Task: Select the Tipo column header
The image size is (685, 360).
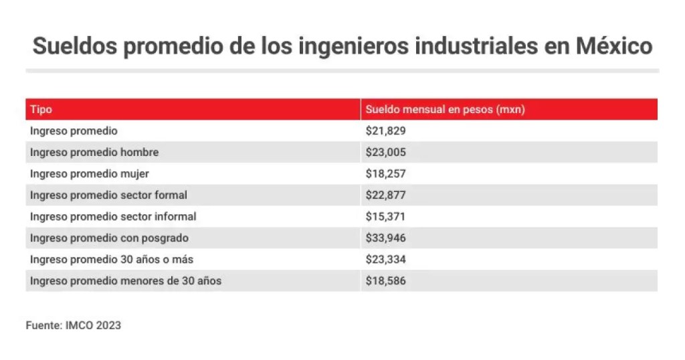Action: point(41,110)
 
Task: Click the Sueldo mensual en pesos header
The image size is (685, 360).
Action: point(445,110)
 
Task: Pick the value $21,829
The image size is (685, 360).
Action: point(385,131)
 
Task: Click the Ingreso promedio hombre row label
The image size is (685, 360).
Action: point(94,153)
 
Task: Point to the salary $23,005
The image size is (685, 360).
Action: point(385,153)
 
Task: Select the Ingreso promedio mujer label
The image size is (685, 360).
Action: point(89,174)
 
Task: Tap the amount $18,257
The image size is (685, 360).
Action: point(385,174)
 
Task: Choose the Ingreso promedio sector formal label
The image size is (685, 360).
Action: point(108,195)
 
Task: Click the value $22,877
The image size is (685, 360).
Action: point(385,195)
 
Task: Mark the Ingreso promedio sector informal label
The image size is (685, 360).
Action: point(113,217)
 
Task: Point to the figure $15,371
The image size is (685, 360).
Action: point(385,217)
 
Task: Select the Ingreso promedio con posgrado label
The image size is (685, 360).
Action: point(109,238)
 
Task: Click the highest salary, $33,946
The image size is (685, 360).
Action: point(385,238)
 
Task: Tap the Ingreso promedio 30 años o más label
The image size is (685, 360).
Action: point(112,260)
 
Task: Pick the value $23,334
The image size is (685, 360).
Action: point(385,260)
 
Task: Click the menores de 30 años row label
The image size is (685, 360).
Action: point(126,281)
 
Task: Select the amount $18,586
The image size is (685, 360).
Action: point(385,281)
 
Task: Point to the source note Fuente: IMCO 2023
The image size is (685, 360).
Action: point(74,326)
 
